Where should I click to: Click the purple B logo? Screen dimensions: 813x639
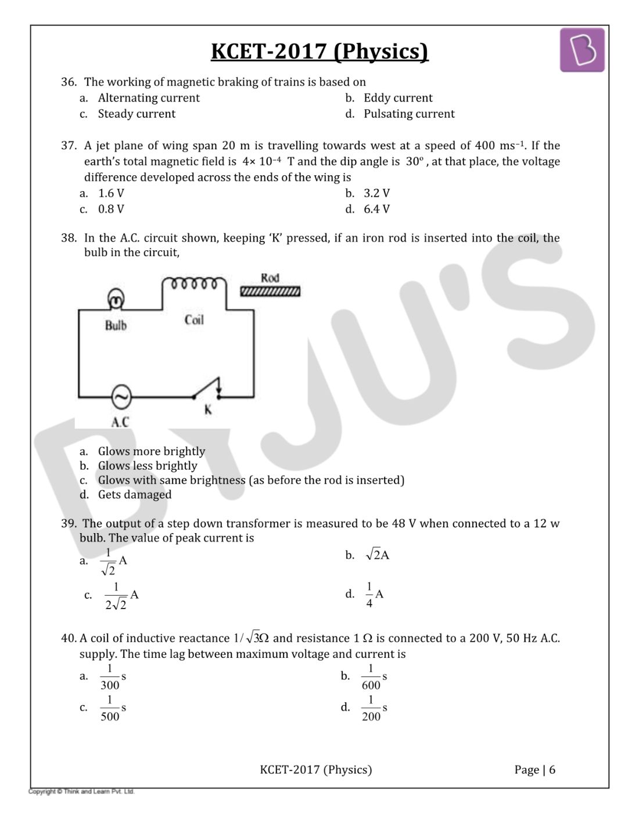pos(581,51)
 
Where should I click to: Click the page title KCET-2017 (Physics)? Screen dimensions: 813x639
pos(319,52)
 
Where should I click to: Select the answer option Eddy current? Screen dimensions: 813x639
pos(398,98)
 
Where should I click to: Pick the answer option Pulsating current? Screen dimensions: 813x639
pos(409,114)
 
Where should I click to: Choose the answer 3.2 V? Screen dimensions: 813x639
pos(376,193)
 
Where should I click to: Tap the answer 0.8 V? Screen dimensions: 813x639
pos(111,209)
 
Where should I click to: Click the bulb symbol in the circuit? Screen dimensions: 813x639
pos(116,300)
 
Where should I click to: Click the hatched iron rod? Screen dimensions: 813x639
pos(271,291)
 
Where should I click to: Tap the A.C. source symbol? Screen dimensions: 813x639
pos(121,397)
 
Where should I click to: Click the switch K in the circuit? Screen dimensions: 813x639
pos(207,390)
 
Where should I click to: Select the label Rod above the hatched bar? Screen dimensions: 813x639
pos(270,278)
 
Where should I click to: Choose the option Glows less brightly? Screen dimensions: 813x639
pos(148,466)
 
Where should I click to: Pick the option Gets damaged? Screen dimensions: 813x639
pos(135,495)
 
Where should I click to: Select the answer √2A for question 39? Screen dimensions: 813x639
pos(378,555)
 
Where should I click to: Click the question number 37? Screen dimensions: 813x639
pos(69,146)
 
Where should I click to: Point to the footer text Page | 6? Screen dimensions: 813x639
pos(534,770)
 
